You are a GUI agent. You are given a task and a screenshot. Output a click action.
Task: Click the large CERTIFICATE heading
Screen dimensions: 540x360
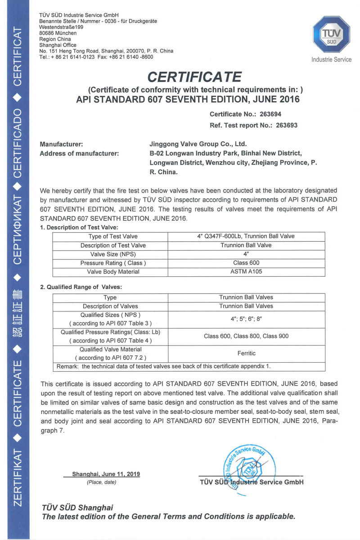194,76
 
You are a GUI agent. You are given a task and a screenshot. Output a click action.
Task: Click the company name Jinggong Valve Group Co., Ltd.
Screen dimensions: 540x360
198,144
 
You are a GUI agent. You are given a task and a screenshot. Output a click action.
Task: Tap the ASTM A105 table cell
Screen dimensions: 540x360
246,271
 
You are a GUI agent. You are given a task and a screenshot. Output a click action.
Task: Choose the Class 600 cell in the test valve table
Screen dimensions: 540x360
246,263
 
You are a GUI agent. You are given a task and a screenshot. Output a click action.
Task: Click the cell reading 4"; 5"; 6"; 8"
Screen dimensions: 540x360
246,319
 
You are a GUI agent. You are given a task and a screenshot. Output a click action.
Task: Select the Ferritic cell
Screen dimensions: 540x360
246,354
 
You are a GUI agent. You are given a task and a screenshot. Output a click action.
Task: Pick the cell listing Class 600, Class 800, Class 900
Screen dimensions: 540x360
246,336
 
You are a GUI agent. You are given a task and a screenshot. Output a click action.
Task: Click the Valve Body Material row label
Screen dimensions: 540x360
110,271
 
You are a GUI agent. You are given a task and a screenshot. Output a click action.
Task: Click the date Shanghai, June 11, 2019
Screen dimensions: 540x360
106,474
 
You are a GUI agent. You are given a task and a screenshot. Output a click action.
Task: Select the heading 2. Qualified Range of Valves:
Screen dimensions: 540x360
81,287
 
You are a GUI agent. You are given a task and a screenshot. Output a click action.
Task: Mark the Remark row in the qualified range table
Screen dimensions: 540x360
164,366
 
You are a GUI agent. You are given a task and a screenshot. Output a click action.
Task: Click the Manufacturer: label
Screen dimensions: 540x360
61,144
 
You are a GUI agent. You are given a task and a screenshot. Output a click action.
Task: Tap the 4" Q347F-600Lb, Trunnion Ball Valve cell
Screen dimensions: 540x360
246,236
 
